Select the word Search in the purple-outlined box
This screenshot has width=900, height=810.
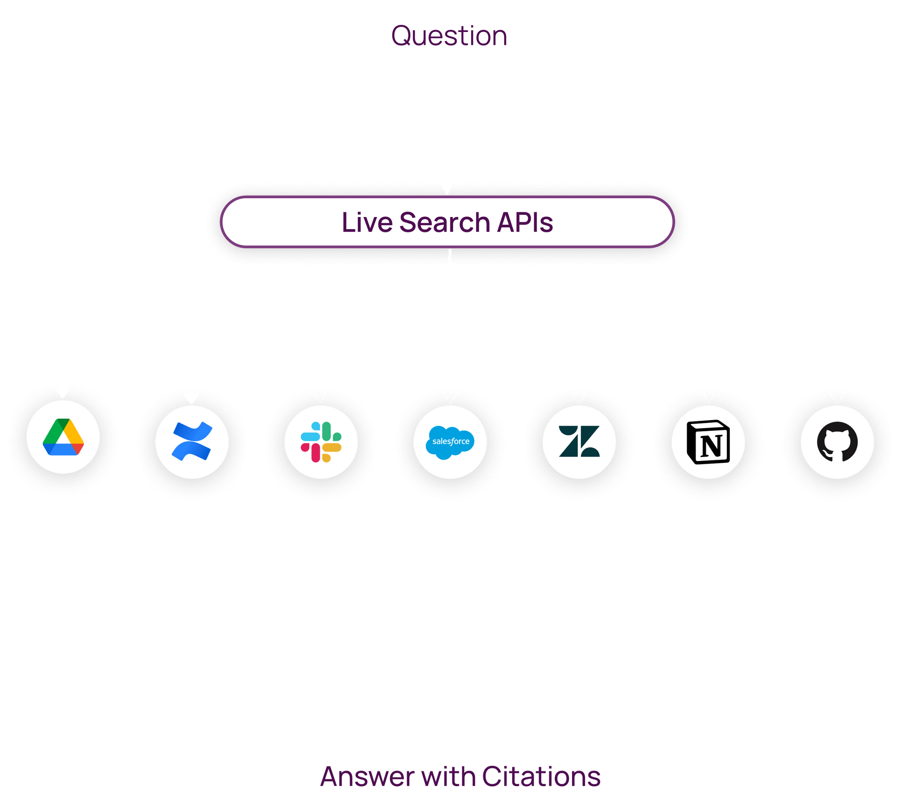[444, 222]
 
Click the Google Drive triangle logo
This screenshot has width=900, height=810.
[63, 437]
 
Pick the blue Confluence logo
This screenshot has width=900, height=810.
[192, 441]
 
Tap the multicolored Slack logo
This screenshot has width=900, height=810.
[321, 442]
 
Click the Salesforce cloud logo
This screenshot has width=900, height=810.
[450, 442]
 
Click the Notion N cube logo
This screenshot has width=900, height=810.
[708, 442]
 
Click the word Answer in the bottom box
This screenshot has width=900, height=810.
[367, 777]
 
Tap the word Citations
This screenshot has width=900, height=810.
[541, 777]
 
